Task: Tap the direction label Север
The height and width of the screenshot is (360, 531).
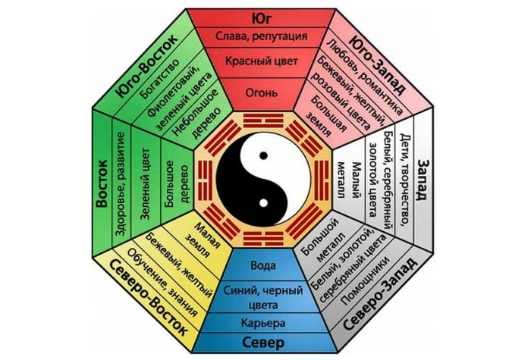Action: pos(266,343)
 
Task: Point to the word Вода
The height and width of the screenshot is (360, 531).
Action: pos(266,267)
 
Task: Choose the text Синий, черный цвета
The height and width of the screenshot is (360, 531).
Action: pos(266,296)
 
